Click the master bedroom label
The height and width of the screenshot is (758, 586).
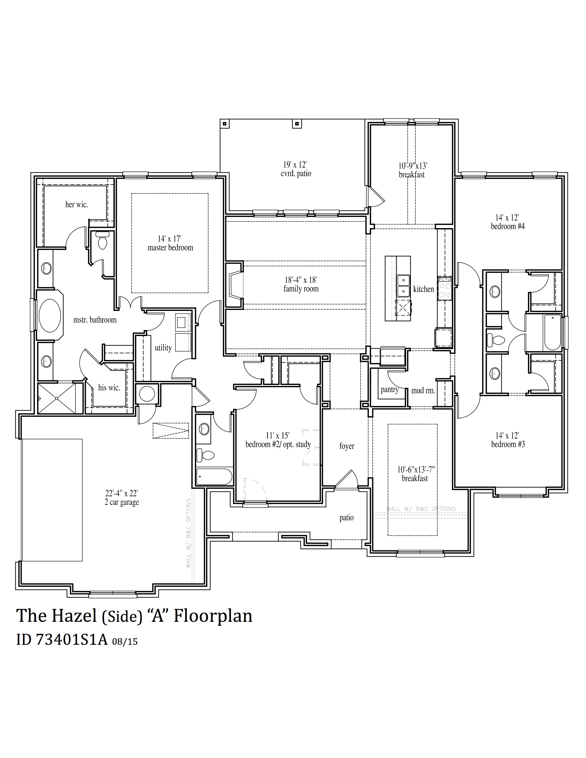point(170,248)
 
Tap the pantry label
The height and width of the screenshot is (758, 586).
point(390,389)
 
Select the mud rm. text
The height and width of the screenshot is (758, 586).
point(423,391)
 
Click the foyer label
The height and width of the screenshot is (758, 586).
point(347,446)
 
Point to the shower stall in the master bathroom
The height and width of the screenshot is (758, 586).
point(56,399)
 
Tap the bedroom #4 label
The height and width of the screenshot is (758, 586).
point(508,227)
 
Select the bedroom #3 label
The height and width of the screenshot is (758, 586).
point(508,445)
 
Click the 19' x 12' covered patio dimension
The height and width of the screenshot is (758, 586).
point(295,164)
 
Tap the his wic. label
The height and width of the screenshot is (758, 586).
point(109,388)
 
